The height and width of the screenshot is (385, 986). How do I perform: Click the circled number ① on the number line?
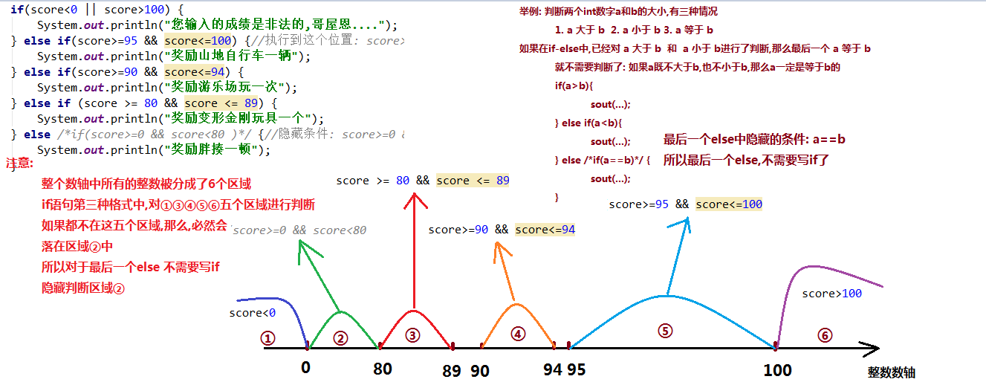point(267,338)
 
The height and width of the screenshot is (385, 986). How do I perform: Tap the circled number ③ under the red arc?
point(412,336)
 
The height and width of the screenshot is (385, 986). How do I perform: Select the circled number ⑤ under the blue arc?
point(665,331)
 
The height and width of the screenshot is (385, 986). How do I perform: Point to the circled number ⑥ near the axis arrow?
point(825,336)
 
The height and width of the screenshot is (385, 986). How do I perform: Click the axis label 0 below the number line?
point(306,367)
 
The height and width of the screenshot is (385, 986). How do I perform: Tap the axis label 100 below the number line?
point(777,370)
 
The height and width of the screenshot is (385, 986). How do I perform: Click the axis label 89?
point(452,371)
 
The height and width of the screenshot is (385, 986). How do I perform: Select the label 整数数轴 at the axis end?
point(892,372)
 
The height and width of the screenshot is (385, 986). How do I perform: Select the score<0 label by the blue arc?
point(252,313)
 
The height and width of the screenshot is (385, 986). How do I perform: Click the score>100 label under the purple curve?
point(832,294)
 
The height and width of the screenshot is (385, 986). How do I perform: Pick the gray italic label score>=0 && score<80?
point(299,230)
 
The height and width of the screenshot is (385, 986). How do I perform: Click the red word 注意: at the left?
point(19,163)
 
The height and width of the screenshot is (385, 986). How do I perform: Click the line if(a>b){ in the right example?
point(574,86)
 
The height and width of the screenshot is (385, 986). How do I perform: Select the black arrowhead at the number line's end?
point(871,349)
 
